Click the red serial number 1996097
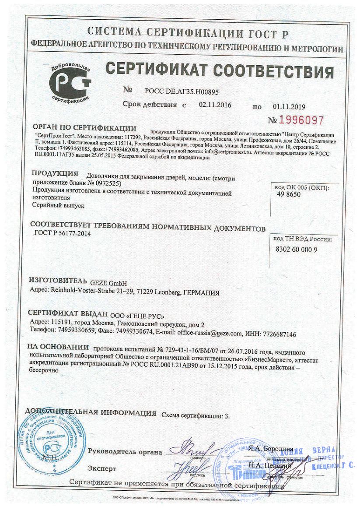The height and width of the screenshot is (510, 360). [x=301, y=120]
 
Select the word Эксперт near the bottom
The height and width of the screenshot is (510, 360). [x=102, y=468]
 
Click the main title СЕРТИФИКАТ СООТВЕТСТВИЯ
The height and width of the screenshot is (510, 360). [x=220, y=71]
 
